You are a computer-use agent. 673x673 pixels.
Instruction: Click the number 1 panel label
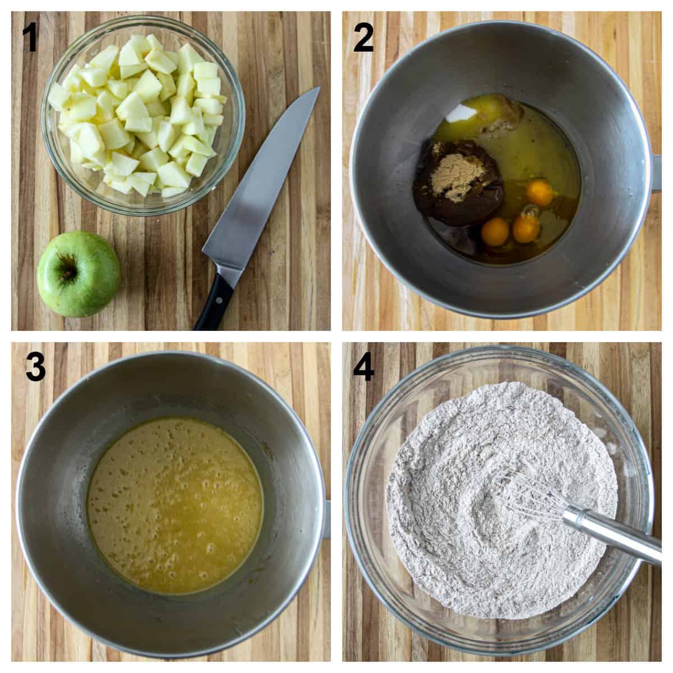(x=29, y=38)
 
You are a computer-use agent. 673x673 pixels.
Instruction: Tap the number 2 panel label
(x=363, y=38)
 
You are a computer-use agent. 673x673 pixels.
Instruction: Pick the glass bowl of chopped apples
(x=143, y=112)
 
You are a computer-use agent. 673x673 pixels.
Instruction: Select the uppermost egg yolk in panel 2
(x=540, y=192)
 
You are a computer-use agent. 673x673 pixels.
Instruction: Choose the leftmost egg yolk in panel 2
(x=495, y=232)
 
